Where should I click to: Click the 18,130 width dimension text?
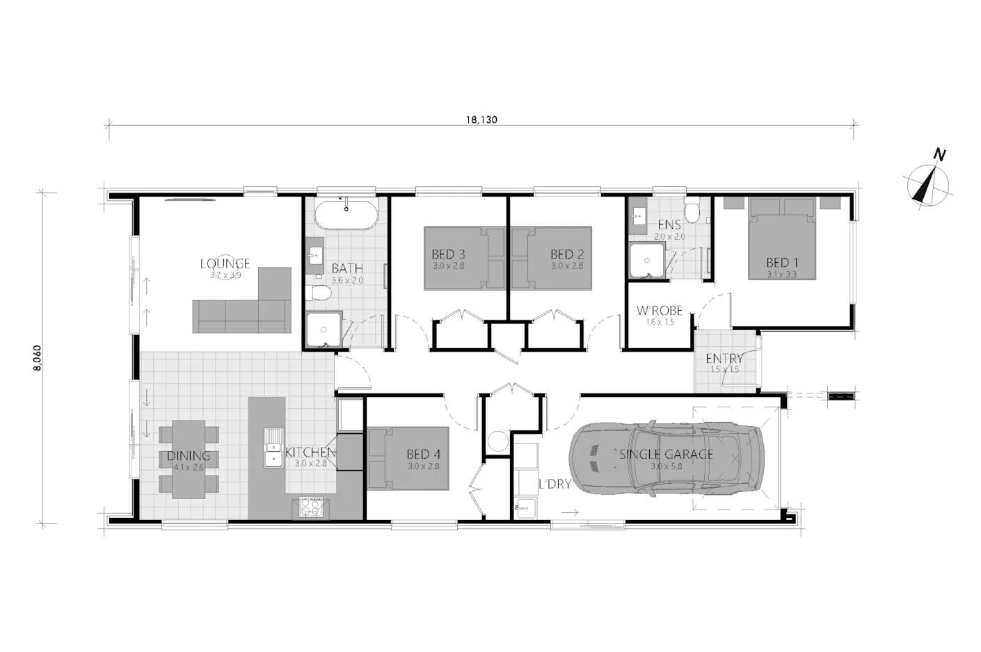point(481,120)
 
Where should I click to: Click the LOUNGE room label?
point(225,263)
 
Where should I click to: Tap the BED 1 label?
point(781,262)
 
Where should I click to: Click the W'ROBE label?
point(659,311)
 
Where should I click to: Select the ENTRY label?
point(724,359)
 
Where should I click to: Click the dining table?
point(189,459)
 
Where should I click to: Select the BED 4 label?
point(423,455)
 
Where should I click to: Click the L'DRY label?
point(555,484)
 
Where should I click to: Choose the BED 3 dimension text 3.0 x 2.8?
point(448,266)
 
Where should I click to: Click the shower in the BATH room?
point(324,329)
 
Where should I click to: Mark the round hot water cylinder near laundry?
point(497,441)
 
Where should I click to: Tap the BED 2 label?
point(566,254)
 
